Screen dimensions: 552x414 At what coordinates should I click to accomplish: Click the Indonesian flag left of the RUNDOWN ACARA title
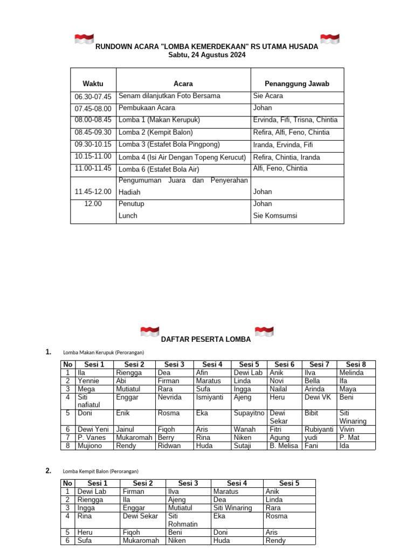[84, 39]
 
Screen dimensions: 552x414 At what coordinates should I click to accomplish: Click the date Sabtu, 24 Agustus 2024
[207, 55]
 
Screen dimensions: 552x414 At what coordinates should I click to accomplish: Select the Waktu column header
[93, 84]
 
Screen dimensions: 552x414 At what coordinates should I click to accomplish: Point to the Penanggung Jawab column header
[296, 84]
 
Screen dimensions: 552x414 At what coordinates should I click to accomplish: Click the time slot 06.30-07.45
[93, 96]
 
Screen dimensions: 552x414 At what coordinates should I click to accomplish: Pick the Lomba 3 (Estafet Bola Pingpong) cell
[169, 144]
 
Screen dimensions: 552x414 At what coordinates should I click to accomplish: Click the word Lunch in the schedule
[128, 216]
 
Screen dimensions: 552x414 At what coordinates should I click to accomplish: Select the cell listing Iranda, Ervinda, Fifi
[282, 144]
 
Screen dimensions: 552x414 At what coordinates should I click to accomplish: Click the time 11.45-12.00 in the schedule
[93, 191]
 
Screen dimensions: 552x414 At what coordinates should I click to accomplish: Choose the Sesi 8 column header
[356, 364]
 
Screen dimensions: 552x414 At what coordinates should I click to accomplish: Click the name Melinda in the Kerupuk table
[351, 372]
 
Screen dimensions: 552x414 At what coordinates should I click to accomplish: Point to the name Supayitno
[249, 413]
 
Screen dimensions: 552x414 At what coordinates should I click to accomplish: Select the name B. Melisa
[284, 446]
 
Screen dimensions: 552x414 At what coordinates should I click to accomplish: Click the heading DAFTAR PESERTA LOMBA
[206, 339]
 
